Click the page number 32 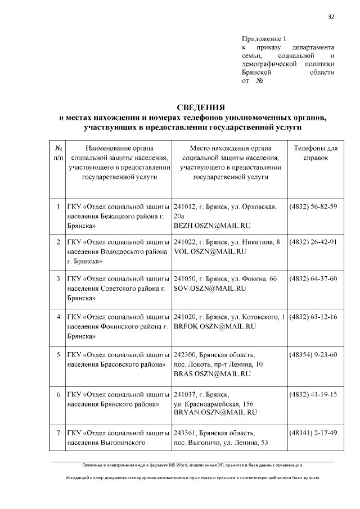[331, 16]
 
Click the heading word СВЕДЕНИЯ [201, 107]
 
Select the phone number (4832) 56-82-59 [313, 206]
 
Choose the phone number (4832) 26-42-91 [313, 242]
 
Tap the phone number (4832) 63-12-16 [313, 317]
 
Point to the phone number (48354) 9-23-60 [313, 354]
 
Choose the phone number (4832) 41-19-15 [313, 394]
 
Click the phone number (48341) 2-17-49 [313, 433]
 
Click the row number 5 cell [58, 354]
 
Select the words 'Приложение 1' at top [264, 39]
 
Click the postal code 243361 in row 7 [186, 433]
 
